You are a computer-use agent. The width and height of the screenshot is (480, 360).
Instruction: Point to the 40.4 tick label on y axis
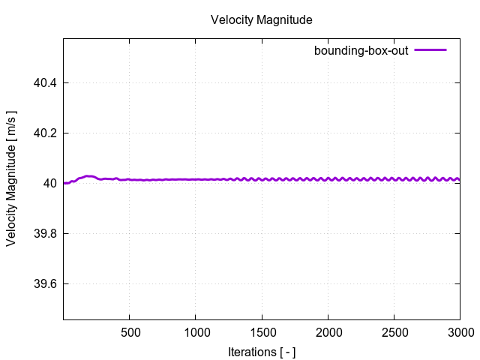[x=46, y=82]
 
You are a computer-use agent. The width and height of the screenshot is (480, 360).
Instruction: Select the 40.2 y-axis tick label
[x=46, y=133]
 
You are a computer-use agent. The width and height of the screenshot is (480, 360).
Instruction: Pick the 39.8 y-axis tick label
[x=46, y=233]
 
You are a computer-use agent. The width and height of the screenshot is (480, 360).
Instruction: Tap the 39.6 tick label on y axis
[x=46, y=283]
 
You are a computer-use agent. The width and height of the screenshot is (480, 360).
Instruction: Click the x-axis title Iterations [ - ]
[x=261, y=352]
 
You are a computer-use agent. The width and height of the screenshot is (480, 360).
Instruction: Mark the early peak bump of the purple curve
[x=89, y=176]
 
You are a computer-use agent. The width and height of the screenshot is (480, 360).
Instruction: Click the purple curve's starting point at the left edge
[x=64, y=183]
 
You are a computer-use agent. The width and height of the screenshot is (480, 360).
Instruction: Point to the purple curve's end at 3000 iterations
[x=459, y=179]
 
